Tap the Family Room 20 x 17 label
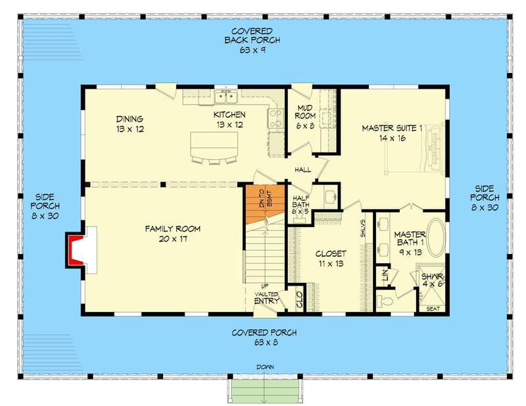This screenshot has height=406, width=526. pos(173,234)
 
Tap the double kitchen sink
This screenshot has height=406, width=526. pos(226,97)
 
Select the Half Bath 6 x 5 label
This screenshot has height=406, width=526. pos(301,203)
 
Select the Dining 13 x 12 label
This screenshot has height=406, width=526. pos(130,124)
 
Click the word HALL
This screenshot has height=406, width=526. pos(302,170)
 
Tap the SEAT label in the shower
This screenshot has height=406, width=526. pos(433,309)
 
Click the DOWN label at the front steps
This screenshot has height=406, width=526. pos(266,367)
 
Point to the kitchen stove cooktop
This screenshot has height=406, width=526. pos(275,118)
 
